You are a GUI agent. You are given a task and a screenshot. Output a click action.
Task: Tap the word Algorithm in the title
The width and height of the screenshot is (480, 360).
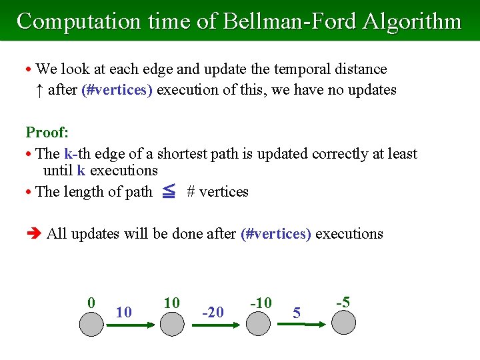pos(412,21)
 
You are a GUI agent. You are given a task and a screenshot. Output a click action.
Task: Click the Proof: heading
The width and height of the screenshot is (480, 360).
pos(47,132)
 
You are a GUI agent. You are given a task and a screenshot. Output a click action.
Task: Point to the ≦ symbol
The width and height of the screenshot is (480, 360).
pos(169,192)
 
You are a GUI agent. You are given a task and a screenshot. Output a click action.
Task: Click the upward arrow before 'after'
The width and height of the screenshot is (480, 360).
pos(39,90)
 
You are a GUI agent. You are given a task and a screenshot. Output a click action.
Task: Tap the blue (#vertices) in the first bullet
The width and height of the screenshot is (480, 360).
pos(117,90)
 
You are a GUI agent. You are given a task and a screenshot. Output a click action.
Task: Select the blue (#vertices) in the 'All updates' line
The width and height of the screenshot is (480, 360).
pos(275,233)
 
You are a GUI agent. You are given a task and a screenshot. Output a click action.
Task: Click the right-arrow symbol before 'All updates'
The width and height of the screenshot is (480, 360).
pos(33,233)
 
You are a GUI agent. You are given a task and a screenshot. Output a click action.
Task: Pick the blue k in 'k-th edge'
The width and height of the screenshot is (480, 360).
pos(68,154)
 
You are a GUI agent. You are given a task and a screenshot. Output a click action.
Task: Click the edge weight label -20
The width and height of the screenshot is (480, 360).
pos(213,312)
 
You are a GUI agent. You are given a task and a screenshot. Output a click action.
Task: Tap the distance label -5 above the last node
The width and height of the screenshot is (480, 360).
pos(343,302)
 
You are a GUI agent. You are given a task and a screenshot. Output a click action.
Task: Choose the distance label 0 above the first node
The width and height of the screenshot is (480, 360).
pos(91,302)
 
